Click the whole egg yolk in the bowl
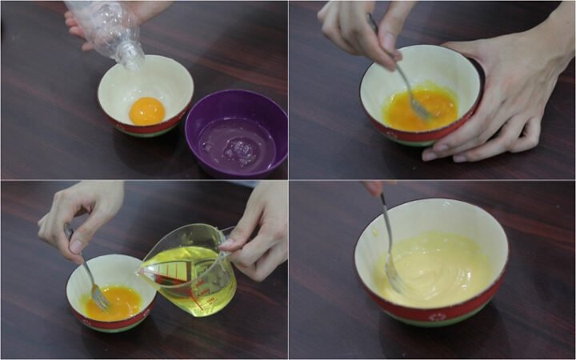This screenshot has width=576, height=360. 147,110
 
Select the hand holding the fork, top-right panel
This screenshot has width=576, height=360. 360,28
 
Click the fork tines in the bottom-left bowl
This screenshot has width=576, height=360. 100,299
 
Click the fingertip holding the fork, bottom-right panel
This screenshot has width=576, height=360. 373,188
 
